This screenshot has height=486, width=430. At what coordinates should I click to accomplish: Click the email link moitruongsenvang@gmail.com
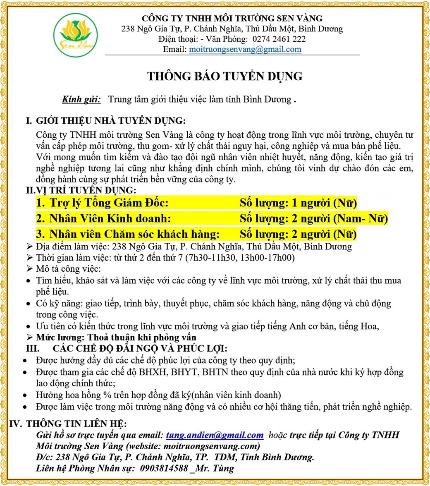pyautogui.click(x=245, y=50)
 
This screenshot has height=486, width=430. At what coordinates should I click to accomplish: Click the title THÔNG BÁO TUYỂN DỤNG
pyautogui.click(x=225, y=76)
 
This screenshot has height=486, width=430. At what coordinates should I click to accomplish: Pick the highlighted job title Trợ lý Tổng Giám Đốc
pyautogui.click(x=108, y=203)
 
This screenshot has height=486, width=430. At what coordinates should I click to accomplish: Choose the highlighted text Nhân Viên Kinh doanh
pyautogui.click(x=110, y=218)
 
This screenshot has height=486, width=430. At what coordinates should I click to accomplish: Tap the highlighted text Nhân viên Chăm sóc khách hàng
pyautogui.click(x=134, y=234)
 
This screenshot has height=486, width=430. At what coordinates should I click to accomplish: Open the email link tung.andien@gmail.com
pyautogui.click(x=215, y=435)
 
